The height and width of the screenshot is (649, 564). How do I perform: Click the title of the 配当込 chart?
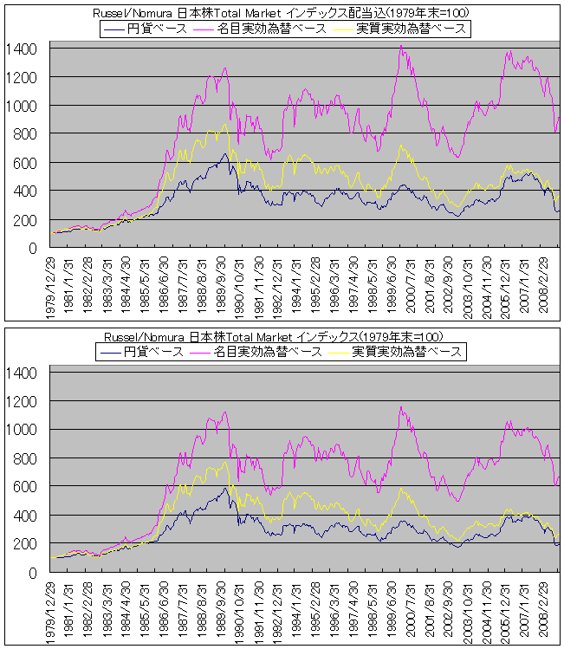[x=282, y=13]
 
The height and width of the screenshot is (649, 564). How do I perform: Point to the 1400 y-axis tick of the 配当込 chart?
[x=22, y=49]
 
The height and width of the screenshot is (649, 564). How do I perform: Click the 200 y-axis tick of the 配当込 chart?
[x=25, y=219]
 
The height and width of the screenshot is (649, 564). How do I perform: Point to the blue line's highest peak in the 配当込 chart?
[x=224, y=154]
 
